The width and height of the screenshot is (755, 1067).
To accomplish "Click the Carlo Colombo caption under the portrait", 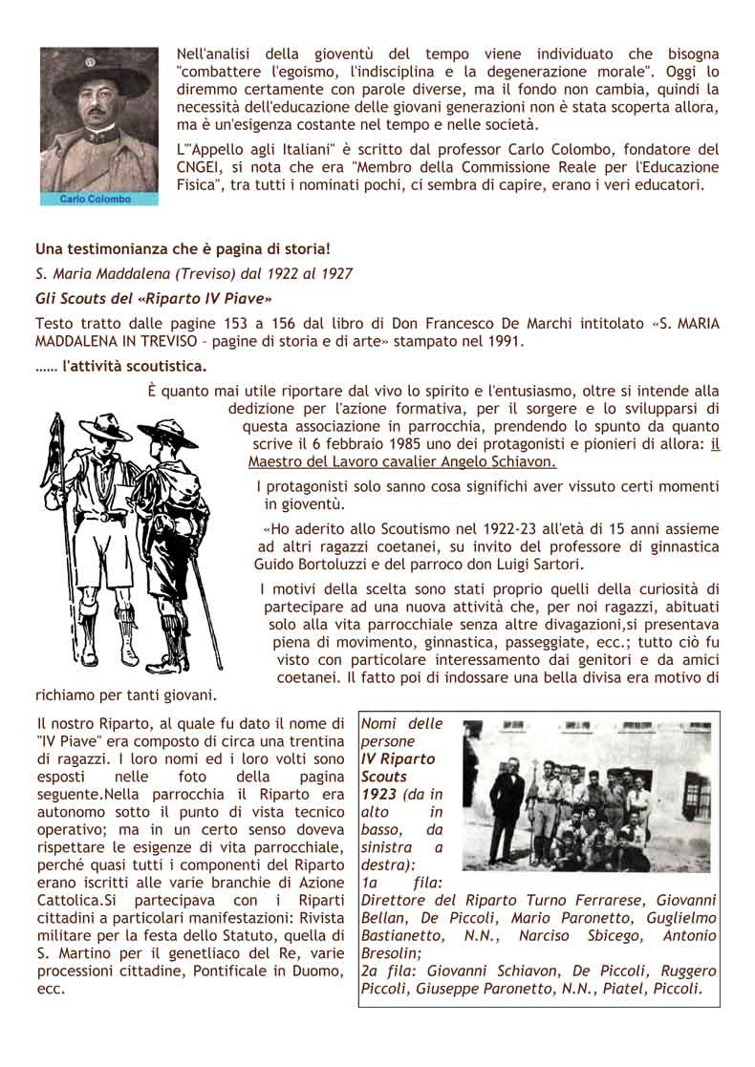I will click(x=96, y=199).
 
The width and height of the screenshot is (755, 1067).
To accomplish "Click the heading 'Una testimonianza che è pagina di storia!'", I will click(x=183, y=249).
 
